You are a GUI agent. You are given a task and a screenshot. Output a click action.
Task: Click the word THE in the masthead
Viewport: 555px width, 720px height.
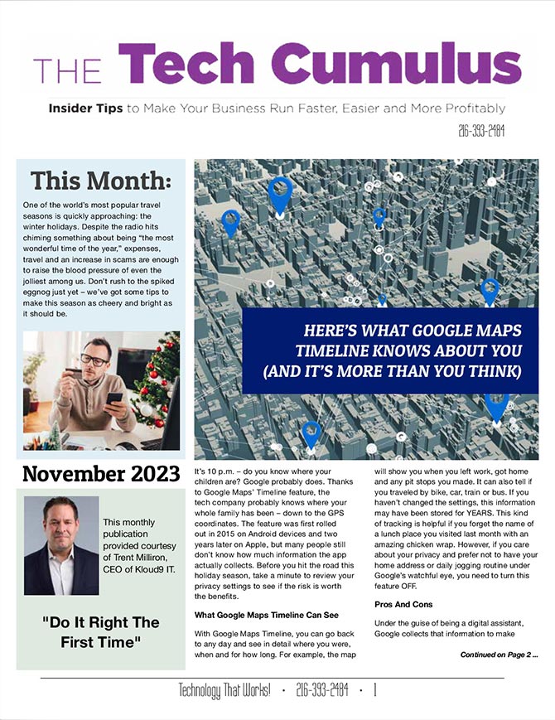point(68,70)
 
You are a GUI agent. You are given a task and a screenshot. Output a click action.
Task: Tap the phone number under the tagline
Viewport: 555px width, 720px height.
point(480,130)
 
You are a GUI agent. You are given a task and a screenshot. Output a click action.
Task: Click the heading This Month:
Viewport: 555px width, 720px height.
point(100,180)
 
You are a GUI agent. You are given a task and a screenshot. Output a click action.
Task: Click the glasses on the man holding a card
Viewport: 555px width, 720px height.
point(94,360)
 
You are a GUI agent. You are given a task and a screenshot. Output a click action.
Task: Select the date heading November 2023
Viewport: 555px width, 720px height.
point(100,475)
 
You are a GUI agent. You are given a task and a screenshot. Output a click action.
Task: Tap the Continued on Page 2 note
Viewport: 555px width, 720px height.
point(499,655)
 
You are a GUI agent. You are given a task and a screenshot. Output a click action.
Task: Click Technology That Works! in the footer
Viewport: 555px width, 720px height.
point(224,690)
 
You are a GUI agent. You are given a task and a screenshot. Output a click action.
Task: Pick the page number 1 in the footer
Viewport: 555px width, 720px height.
point(374,690)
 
